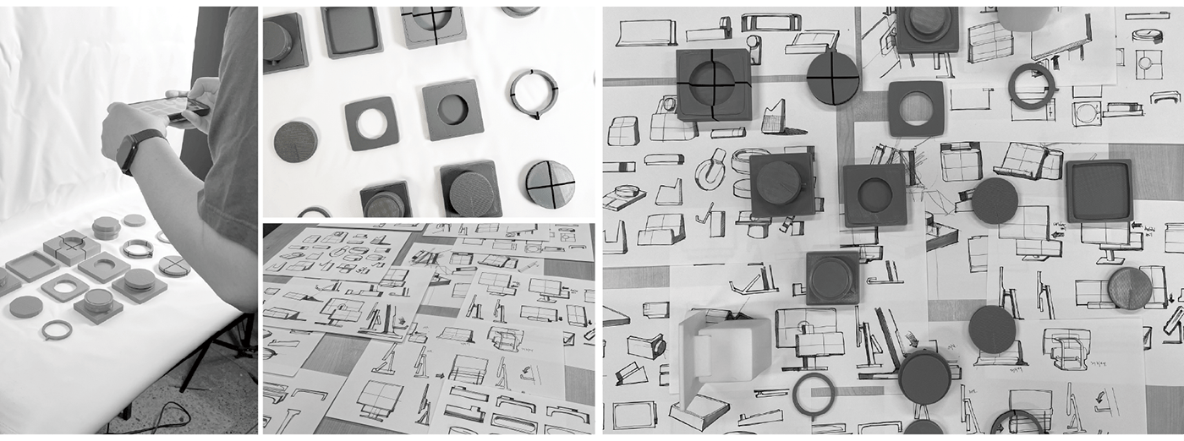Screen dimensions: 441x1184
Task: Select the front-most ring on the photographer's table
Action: (x=57, y=329)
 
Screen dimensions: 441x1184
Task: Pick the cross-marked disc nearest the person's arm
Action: (x=174, y=265)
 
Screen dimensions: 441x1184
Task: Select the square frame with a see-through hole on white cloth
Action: (x=371, y=123)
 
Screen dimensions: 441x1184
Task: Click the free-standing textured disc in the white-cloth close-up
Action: (x=296, y=141)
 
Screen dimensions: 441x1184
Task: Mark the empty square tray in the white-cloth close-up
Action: (x=351, y=31)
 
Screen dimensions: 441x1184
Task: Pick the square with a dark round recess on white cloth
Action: (x=452, y=109)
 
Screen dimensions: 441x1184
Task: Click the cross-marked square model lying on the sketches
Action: (x=714, y=84)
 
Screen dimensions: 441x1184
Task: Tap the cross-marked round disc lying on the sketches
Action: (x=833, y=78)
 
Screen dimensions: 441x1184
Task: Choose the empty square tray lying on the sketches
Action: (x=1099, y=190)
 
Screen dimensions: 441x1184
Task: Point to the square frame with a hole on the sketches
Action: (x=916, y=107)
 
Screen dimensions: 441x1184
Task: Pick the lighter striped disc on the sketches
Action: (x=1130, y=288)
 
